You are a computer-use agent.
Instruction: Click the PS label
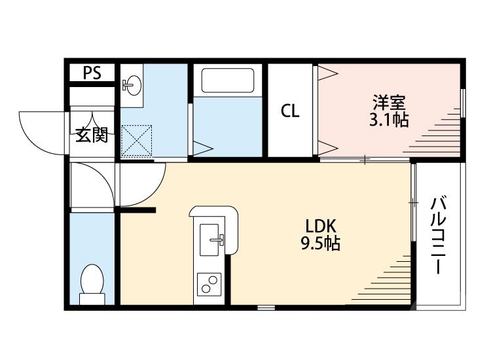click(92, 73)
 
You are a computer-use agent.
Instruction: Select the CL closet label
click(290, 111)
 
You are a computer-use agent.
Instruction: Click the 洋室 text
click(390, 103)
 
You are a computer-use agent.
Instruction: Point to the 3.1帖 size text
click(390, 120)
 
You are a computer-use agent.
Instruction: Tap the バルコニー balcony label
click(438, 236)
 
